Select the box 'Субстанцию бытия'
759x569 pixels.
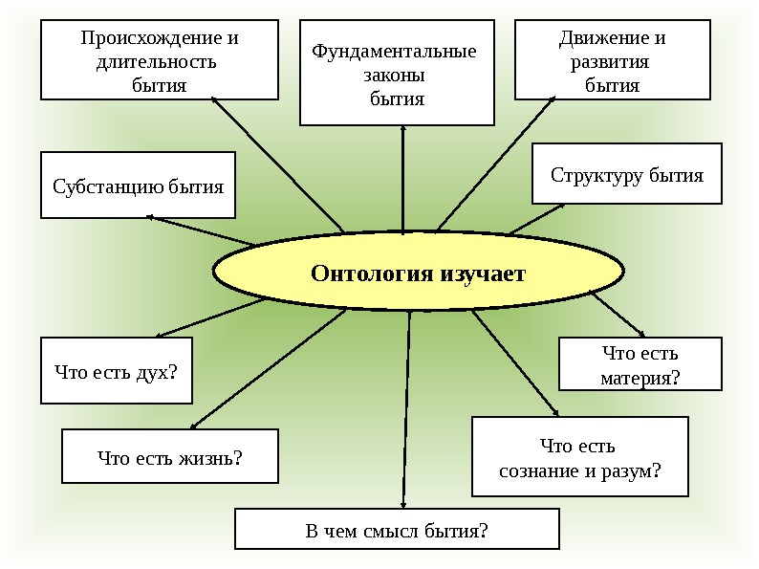138,186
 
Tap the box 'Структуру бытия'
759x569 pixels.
626,174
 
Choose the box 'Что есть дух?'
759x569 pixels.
116,370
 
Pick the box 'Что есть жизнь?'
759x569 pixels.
169,456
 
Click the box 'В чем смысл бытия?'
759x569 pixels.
396,529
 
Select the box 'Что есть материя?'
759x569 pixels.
640,364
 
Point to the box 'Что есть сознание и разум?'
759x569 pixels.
580,457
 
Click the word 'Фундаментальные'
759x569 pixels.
394,51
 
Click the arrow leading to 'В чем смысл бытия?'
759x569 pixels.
407,411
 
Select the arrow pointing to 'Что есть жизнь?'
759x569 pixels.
268,368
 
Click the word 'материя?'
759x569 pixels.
640,378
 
